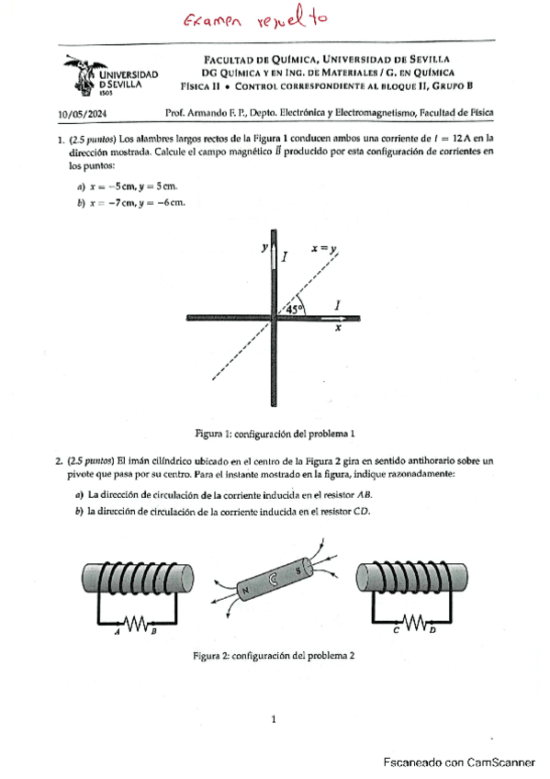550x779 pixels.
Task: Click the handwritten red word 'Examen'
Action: (x=212, y=21)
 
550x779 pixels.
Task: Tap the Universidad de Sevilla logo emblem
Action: (x=84, y=75)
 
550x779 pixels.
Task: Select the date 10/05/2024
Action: (x=83, y=114)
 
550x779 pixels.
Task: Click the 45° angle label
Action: (x=294, y=309)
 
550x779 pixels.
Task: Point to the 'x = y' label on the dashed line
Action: (x=324, y=248)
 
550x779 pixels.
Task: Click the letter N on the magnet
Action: (x=245, y=591)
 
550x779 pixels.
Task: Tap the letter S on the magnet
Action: (x=297, y=570)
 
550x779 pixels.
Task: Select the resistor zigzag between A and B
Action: (x=135, y=623)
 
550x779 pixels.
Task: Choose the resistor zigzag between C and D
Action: (x=414, y=622)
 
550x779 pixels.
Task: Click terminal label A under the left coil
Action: (x=118, y=632)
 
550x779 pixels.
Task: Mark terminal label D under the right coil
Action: (x=432, y=630)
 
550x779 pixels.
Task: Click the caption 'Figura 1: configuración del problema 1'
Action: (x=275, y=434)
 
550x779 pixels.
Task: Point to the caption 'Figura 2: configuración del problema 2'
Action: (x=274, y=656)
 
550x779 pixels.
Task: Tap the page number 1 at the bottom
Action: (x=274, y=719)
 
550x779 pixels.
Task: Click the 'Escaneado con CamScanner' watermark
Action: (x=459, y=762)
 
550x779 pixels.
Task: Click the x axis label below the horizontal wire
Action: (x=338, y=327)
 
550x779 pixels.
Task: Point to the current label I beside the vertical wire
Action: (x=285, y=257)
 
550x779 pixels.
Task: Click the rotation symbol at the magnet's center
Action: (x=273, y=580)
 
